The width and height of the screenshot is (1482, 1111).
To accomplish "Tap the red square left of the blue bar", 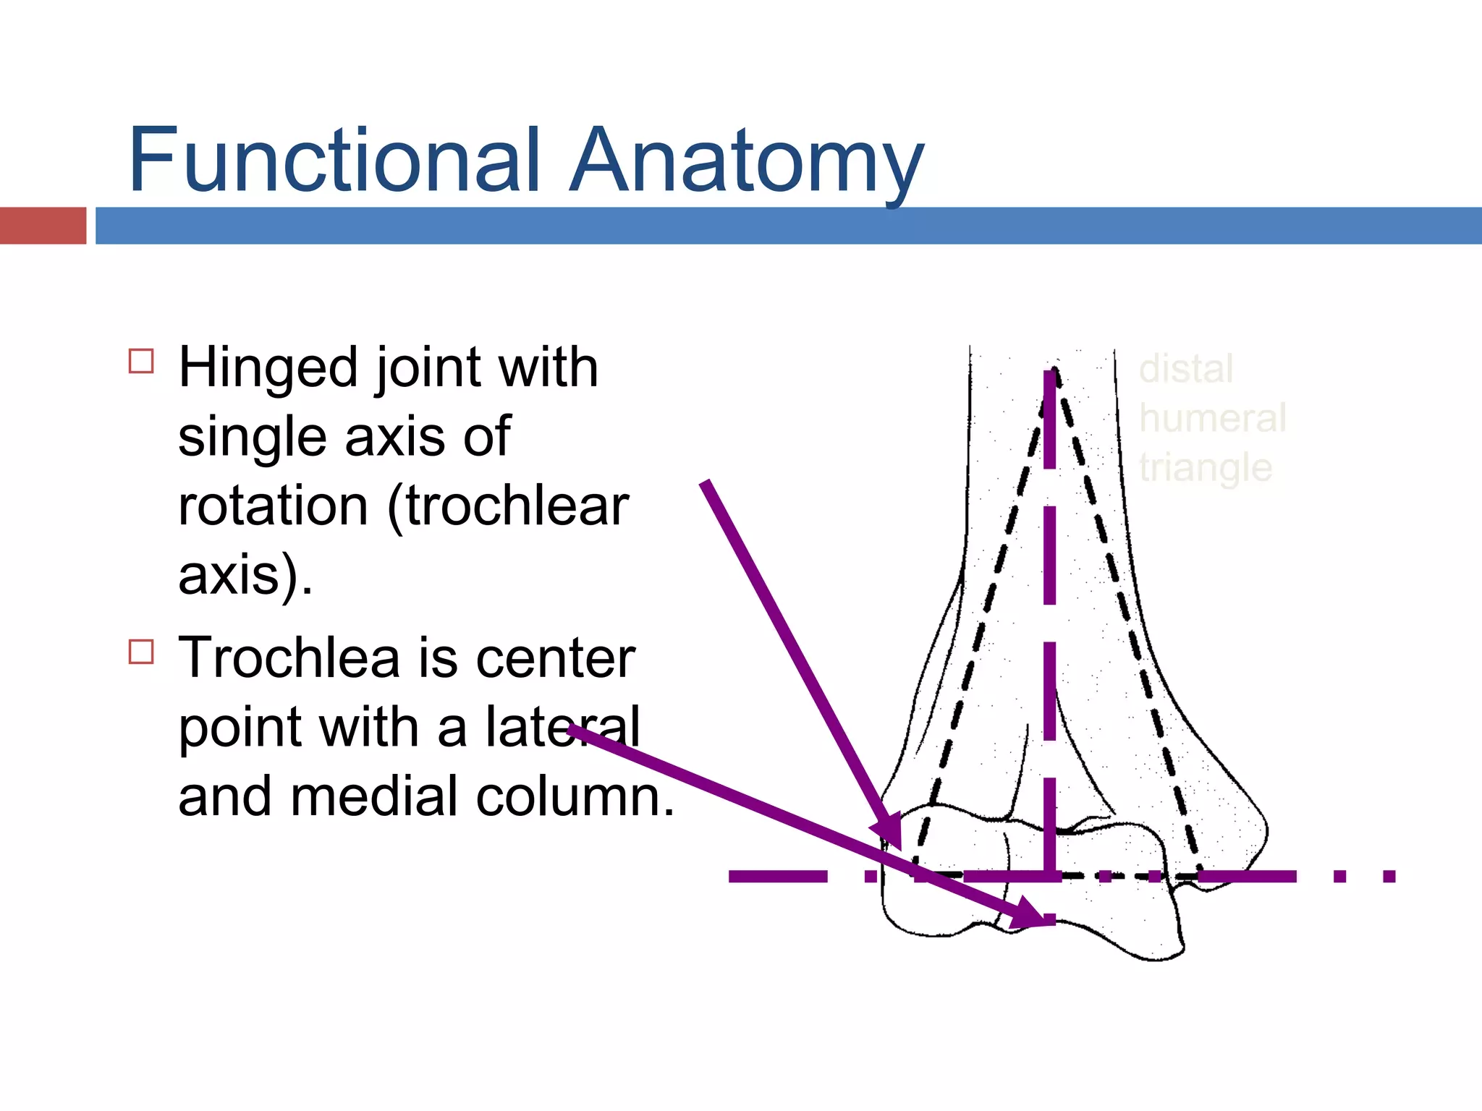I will click(x=43, y=226).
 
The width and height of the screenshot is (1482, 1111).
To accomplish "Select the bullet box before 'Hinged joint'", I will click(x=141, y=361).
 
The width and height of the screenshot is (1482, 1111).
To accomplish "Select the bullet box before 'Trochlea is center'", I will click(x=141, y=651).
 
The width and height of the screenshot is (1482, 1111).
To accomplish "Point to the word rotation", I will click(x=273, y=506).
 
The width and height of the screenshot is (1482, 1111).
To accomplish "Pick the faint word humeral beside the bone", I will click(x=1212, y=418).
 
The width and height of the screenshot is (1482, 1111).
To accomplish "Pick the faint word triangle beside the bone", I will click(x=1205, y=468).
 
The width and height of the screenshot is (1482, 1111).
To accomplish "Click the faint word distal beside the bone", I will click(x=1185, y=369).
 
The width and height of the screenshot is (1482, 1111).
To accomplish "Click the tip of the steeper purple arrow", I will click(x=899, y=848).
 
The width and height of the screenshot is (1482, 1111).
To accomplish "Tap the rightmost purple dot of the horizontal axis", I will click(x=1389, y=877).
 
